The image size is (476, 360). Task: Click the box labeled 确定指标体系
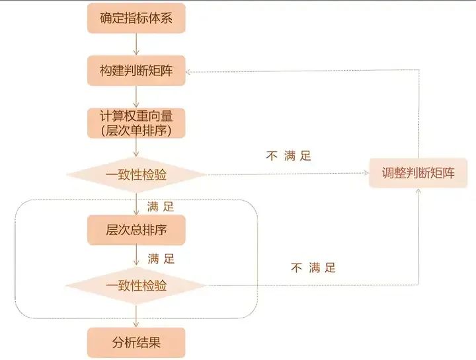tap(136, 18)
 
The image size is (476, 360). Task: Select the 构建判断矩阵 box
tap(136, 71)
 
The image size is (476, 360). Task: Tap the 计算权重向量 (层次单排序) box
tap(136, 123)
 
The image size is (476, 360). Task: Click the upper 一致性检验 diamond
tap(136, 174)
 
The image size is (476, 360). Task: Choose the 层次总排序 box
tap(136, 230)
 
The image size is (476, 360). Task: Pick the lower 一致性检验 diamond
tap(136, 285)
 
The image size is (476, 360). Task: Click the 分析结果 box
tap(136, 343)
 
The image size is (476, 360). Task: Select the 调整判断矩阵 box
tap(418, 173)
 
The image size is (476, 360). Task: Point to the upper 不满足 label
tap(289, 156)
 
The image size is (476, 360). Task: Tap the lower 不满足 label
tap(313, 268)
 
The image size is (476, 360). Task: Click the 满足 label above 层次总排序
tap(161, 207)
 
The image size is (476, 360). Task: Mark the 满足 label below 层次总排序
tap(161, 259)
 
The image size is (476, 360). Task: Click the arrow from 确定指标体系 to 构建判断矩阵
tap(136, 44)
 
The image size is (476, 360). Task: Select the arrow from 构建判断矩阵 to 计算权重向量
tap(136, 96)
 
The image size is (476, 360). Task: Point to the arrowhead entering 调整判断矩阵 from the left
tap(366, 173)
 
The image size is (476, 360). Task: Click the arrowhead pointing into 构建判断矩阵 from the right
tap(188, 72)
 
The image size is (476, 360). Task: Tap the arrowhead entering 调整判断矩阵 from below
tap(418, 191)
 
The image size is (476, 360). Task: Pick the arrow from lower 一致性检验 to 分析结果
tap(136, 316)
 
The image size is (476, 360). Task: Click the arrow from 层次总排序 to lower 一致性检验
tap(136, 256)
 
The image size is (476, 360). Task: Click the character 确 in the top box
tap(106, 18)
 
